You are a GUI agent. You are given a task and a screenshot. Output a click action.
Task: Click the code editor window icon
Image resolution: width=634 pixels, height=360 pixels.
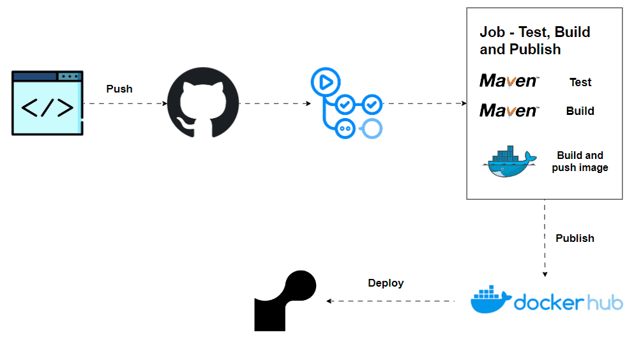pyautogui.click(x=47, y=103)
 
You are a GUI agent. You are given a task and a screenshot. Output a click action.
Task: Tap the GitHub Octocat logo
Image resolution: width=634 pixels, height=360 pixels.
pyautogui.click(x=203, y=103)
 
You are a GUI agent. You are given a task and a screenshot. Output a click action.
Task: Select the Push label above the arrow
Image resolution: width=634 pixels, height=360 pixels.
pyautogui.click(x=119, y=89)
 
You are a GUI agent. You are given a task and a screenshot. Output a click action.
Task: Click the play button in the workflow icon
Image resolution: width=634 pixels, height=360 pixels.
pyautogui.click(x=326, y=82)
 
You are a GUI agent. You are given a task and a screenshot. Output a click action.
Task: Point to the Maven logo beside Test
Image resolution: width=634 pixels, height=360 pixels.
pyautogui.click(x=509, y=81)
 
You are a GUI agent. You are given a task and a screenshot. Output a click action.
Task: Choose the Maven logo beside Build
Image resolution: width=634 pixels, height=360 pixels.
pyautogui.click(x=509, y=110)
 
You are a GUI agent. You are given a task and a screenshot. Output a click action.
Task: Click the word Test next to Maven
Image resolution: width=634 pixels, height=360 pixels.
pyautogui.click(x=580, y=82)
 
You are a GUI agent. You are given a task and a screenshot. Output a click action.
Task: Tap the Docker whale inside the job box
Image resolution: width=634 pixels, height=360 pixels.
pyautogui.click(x=509, y=161)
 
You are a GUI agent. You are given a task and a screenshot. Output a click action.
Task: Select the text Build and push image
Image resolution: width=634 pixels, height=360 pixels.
pyautogui.click(x=580, y=161)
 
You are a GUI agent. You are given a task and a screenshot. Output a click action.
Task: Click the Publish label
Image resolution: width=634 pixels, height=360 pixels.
pyautogui.click(x=575, y=238)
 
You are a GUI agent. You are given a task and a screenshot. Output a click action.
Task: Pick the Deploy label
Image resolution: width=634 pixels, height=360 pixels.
pyautogui.click(x=386, y=283)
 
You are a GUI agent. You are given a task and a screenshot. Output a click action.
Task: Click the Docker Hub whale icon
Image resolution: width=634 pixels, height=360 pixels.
pyautogui.click(x=490, y=299)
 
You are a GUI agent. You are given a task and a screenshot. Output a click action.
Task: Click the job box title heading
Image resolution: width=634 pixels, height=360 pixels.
pyautogui.click(x=534, y=40)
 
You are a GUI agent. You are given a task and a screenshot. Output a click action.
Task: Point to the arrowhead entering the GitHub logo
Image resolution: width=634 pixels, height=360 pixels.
pyautogui.click(x=165, y=103)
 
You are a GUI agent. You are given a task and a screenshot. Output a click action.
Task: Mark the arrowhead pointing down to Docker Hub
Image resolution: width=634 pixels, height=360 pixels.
pyautogui.click(x=545, y=274)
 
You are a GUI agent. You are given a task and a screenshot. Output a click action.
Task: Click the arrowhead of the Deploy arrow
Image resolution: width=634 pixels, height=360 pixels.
pyautogui.click(x=329, y=301)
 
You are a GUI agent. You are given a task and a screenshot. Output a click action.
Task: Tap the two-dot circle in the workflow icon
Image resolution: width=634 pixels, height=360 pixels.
pyautogui.click(x=345, y=129)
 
